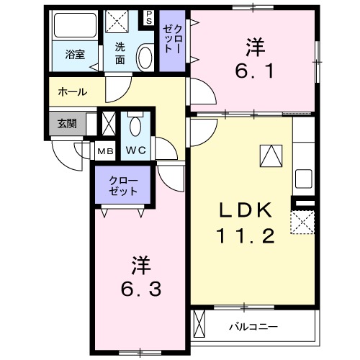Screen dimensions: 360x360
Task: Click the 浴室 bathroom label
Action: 75,54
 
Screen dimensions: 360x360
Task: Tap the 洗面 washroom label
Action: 120,55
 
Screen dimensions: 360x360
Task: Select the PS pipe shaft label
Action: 149,16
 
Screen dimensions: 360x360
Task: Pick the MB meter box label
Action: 105,151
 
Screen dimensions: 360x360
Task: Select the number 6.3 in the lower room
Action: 141,279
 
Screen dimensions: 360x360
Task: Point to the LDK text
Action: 245,211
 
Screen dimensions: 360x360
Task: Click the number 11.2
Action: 245,236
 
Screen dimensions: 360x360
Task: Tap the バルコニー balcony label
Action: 253,326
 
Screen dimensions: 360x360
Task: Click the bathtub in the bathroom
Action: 76,29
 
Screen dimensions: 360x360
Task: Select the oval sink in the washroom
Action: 144,56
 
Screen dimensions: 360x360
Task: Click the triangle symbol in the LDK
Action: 271,156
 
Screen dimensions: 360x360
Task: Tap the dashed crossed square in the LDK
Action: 302,222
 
